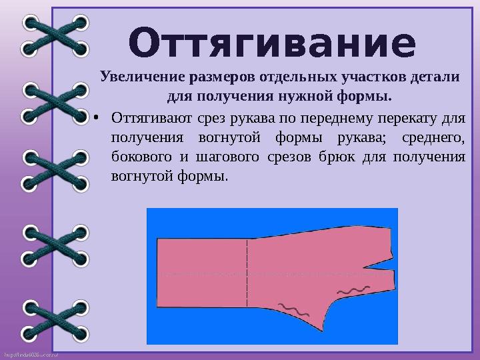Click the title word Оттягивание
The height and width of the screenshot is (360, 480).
point(272,41)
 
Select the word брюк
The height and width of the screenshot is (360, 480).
point(333,158)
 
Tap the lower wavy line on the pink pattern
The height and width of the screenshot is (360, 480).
point(294,309)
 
